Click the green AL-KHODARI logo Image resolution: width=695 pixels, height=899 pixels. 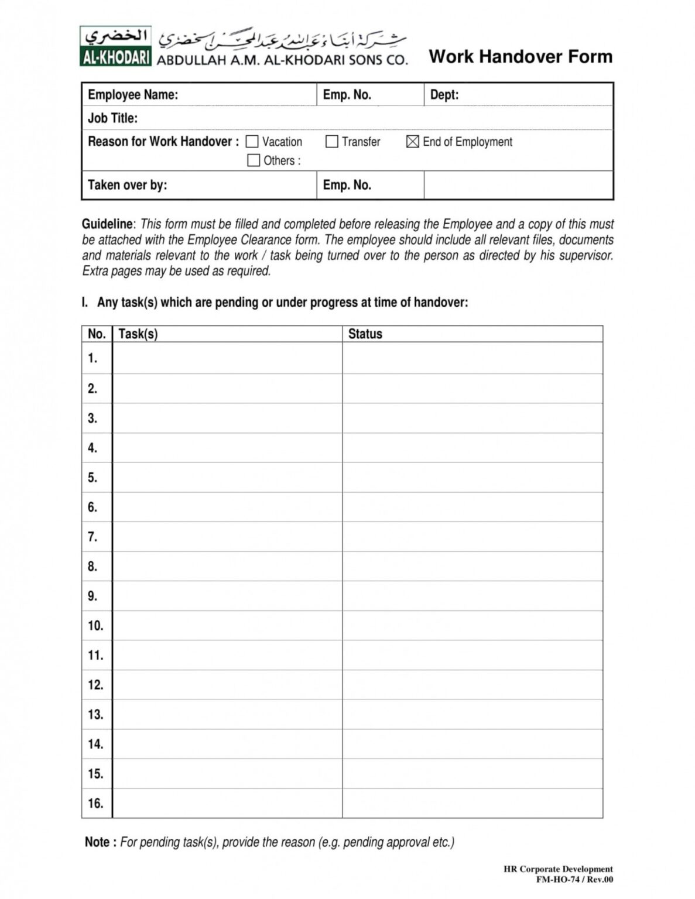pyautogui.click(x=116, y=46)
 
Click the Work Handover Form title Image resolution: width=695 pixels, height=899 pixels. pyautogui.click(x=521, y=57)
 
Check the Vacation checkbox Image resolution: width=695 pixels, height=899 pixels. pyautogui.click(x=252, y=142)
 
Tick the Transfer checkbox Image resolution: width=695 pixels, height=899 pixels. pyautogui.click(x=331, y=142)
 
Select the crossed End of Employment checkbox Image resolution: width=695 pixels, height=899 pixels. pyautogui.click(x=413, y=142)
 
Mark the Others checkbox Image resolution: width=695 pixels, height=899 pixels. pyautogui.click(x=254, y=160)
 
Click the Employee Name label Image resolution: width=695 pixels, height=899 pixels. pyautogui.click(x=133, y=95)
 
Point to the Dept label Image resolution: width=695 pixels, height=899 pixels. pyautogui.click(x=444, y=95)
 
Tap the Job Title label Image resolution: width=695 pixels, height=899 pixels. pyautogui.click(x=112, y=118)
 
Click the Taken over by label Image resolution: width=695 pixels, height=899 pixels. pyautogui.click(x=127, y=185)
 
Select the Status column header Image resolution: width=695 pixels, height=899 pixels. pyautogui.click(x=365, y=334)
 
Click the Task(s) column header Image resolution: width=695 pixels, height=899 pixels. pyautogui.click(x=138, y=334)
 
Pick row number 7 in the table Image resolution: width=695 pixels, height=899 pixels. pyautogui.click(x=93, y=537)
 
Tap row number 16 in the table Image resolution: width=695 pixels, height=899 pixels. pyautogui.click(x=95, y=804)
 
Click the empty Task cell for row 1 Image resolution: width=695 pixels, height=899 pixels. pyautogui.click(x=227, y=358)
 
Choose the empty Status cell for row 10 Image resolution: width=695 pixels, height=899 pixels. pyautogui.click(x=472, y=626)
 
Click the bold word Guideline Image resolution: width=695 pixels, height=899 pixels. pyautogui.click(x=108, y=224)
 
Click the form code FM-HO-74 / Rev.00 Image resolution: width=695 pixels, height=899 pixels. pyautogui.click(x=574, y=879)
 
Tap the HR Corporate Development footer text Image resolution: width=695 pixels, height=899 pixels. pyautogui.click(x=558, y=869)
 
